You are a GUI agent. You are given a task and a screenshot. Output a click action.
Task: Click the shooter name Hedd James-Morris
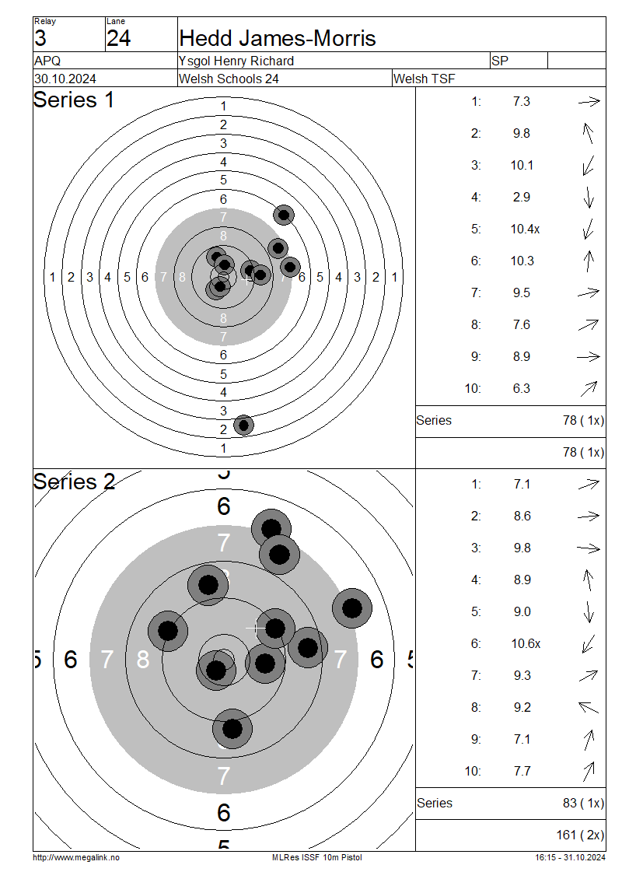click(278, 38)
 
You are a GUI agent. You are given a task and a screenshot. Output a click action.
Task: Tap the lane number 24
click(118, 38)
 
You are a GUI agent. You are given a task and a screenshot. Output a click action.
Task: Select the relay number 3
click(40, 38)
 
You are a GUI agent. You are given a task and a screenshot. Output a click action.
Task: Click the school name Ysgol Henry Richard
click(236, 61)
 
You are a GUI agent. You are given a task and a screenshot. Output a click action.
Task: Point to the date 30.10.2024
click(65, 79)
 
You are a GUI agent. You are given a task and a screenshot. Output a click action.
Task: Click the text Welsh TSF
click(424, 79)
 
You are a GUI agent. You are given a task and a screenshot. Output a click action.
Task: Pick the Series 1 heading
click(73, 100)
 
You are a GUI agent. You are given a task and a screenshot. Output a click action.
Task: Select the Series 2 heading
click(74, 482)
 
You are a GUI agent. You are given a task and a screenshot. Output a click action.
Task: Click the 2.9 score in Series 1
click(521, 198)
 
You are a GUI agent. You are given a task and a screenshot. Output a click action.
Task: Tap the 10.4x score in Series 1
click(525, 229)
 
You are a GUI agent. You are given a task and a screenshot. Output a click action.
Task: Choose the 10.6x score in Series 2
click(526, 643)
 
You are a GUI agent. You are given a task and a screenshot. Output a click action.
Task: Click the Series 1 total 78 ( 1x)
click(583, 420)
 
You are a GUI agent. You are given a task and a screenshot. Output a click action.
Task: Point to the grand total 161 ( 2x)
click(580, 835)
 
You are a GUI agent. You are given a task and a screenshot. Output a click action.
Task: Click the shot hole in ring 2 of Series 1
click(243, 425)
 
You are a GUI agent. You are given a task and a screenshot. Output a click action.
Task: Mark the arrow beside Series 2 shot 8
click(589, 707)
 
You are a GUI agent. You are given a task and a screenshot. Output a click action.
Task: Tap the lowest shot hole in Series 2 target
click(232, 729)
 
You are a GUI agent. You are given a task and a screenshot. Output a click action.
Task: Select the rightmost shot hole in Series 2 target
click(352, 608)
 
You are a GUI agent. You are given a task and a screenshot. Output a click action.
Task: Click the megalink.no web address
click(76, 857)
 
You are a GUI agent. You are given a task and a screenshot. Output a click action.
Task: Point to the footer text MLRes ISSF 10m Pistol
click(317, 857)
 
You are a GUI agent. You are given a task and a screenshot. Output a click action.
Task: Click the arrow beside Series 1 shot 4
click(589, 198)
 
